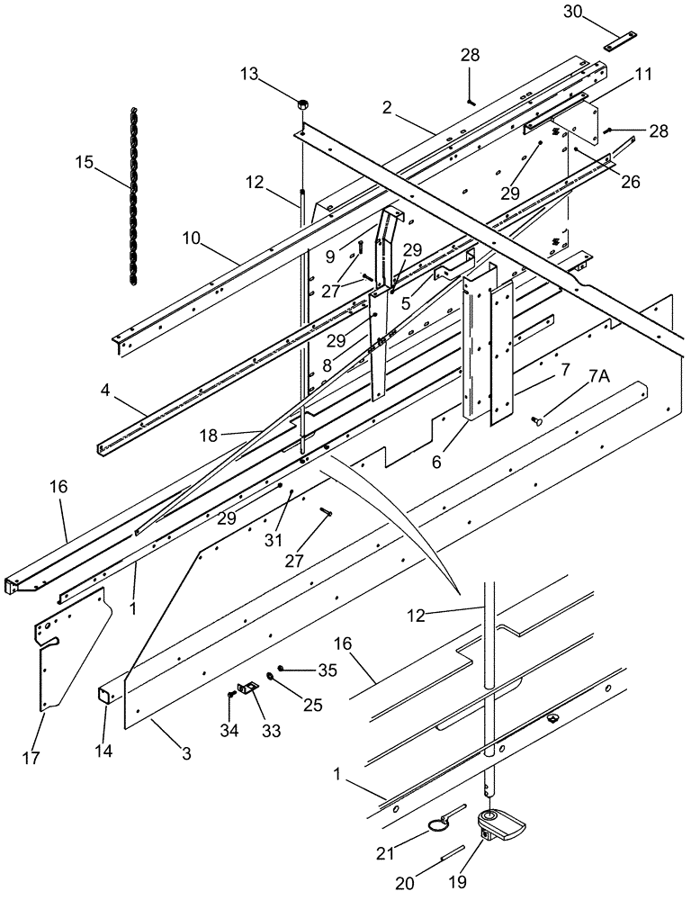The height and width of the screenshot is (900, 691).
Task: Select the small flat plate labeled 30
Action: click(x=620, y=40)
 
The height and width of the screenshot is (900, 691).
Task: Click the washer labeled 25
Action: click(x=270, y=678)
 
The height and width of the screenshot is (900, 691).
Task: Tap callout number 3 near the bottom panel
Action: click(x=186, y=753)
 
